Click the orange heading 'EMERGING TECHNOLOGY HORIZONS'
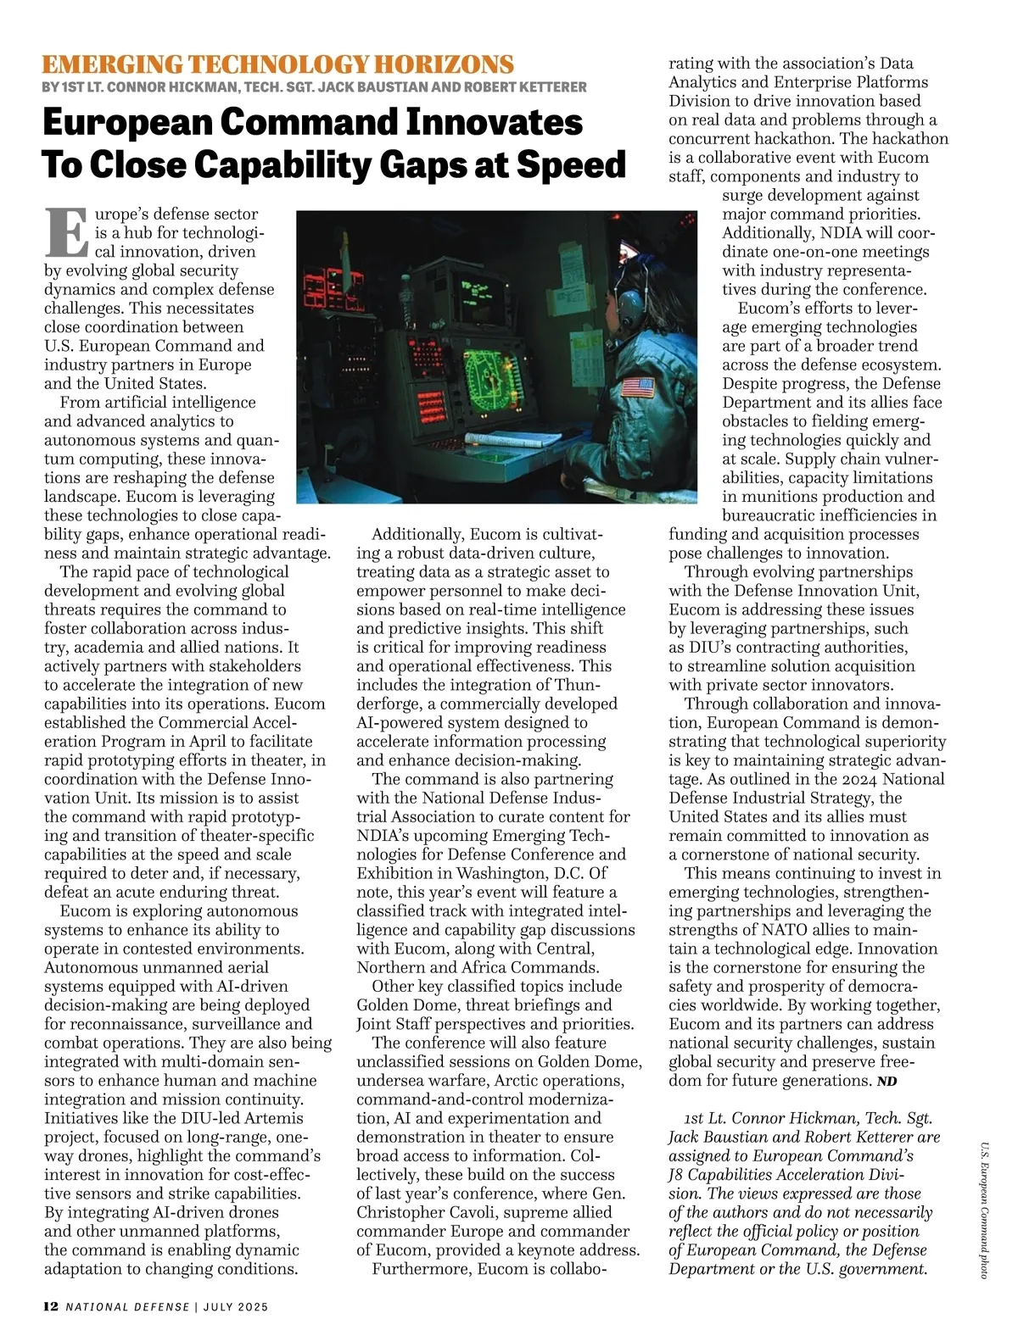[x=277, y=64]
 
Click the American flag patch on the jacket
[x=638, y=387]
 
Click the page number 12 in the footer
[x=50, y=1306]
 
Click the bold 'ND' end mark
[x=887, y=1081]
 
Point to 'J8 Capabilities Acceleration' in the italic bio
[x=775, y=1175]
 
